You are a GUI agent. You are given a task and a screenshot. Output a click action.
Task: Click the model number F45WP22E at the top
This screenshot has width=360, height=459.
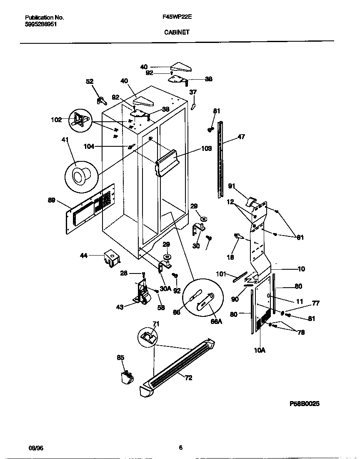174,18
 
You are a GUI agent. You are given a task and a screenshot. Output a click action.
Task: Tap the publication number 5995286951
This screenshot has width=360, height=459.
41,24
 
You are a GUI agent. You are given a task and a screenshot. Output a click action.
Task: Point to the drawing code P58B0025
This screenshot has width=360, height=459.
305,404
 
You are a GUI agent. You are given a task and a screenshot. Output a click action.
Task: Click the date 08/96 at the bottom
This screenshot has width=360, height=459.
36,448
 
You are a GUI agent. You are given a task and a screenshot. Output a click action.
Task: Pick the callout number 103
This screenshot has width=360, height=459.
207,148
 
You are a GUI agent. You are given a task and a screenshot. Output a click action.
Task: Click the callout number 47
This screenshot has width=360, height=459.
241,136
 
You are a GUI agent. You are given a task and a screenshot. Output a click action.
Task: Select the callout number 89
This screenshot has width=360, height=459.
51,200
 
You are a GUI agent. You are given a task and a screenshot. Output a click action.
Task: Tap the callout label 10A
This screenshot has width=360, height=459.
259,350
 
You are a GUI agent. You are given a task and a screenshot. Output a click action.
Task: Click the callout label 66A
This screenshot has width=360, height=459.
216,321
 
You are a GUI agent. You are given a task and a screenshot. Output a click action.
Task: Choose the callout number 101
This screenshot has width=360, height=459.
222,274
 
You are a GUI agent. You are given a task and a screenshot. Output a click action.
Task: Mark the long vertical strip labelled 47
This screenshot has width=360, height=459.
220,158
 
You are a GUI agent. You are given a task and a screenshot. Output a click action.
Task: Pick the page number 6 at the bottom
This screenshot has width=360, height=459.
180,448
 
